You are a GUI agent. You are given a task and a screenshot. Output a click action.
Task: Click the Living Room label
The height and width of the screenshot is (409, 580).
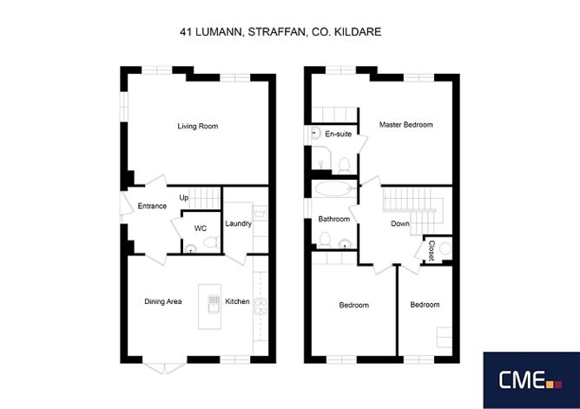pyautogui.click(x=197, y=126)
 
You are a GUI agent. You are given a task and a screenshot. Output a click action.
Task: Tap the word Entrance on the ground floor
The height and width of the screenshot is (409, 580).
pyautogui.click(x=152, y=206)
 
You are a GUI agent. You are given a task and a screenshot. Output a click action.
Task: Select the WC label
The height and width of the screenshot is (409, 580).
pyautogui.click(x=200, y=228)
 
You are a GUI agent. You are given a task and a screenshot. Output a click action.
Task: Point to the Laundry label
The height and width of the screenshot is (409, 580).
pyautogui.click(x=238, y=223)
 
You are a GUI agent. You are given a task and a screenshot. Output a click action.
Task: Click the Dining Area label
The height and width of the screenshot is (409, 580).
pyautogui.click(x=162, y=301)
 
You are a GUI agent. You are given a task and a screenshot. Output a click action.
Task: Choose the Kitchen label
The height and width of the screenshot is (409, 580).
pyautogui.click(x=237, y=301)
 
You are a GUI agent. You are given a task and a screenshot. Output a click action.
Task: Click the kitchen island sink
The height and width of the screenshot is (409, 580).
pyautogui.click(x=214, y=303)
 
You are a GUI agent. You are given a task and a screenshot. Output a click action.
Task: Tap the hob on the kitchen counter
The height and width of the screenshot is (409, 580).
pyautogui.click(x=260, y=306)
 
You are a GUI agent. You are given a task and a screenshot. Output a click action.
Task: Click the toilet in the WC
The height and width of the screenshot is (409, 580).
pyautogui.click(x=211, y=242)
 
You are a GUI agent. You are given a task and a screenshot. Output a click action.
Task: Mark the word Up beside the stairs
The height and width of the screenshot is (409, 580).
pyautogui.click(x=184, y=198)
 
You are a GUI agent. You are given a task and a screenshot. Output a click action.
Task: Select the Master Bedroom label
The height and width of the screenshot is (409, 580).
pyautogui.click(x=405, y=125)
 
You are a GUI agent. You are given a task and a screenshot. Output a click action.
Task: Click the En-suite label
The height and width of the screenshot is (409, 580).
pyautogui.click(x=338, y=134)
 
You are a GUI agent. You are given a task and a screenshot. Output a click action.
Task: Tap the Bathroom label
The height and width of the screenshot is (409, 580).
pyautogui.click(x=333, y=219)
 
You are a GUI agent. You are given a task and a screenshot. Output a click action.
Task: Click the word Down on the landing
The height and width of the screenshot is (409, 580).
pyautogui.click(x=400, y=223)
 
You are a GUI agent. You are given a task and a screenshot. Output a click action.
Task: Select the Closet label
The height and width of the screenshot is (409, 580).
pyautogui.click(x=432, y=251)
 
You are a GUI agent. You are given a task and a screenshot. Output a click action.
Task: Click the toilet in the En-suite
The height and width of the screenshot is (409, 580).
pyautogui.click(x=345, y=165)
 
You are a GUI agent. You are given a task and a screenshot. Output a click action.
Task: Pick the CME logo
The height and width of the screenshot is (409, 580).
pyautogui.click(x=531, y=380)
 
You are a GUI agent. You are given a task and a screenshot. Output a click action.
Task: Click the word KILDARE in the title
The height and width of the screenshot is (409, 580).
pyautogui.click(x=358, y=32)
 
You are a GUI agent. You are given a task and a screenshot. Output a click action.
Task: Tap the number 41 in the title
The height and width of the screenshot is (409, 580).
pyautogui.click(x=186, y=32)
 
